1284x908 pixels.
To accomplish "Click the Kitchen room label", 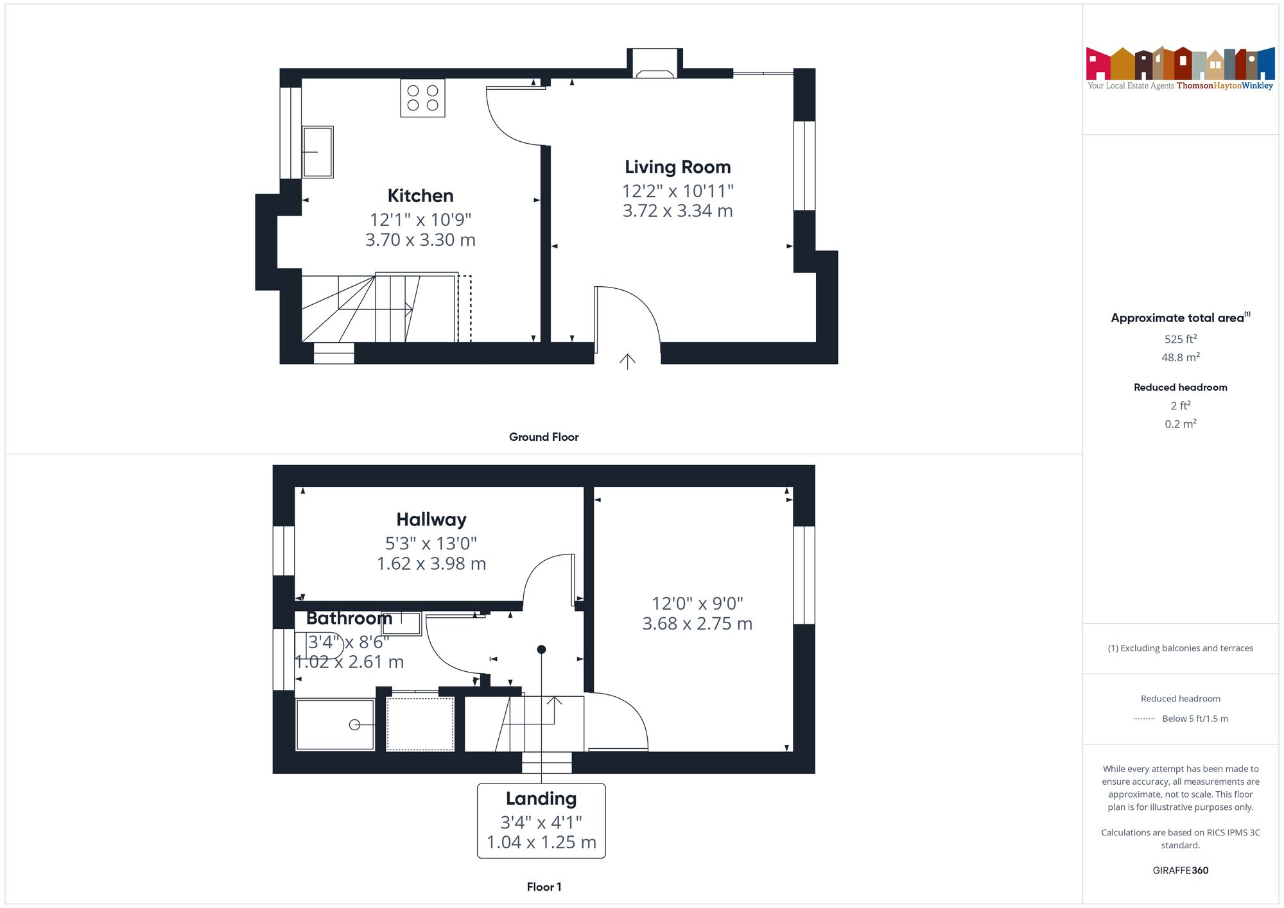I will [421, 196].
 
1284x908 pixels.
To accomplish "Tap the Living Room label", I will [677, 167].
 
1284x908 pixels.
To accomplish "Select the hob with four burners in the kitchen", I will [422, 98].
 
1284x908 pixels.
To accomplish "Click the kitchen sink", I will [318, 151].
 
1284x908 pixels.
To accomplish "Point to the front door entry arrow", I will [627, 361].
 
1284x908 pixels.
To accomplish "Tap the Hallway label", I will [431, 519].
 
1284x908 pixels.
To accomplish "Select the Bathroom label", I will [349, 618].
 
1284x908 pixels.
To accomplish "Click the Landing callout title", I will [541, 798].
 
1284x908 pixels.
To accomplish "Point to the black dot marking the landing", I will [541, 649].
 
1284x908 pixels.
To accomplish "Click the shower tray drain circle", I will [354, 724].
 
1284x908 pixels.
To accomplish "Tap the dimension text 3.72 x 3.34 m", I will [677, 211].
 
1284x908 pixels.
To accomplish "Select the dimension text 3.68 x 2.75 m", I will [697, 624].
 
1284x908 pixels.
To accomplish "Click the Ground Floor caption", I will [544, 437].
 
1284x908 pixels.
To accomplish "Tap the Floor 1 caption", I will [544, 887].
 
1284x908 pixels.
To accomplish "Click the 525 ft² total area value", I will [1180, 339].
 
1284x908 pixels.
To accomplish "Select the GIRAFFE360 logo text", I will [1180, 870].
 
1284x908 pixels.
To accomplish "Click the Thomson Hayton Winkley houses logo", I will [1180, 64].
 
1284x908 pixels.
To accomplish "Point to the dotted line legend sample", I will [1144, 719].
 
